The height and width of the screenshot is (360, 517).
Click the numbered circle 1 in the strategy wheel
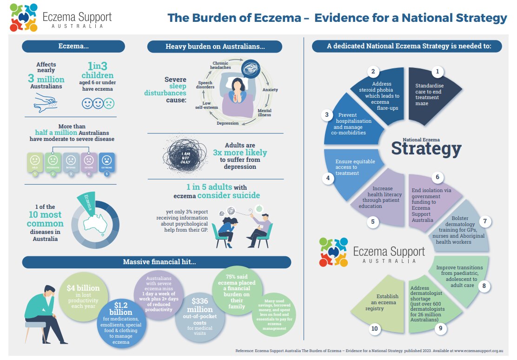[437, 72]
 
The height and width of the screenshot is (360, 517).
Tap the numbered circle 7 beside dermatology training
[484, 221]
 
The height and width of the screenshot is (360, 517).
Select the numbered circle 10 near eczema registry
[375, 329]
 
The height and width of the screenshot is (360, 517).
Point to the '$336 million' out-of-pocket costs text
[199, 306]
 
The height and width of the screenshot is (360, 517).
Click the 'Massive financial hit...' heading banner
[159, 262]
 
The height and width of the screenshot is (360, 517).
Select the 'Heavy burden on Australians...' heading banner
[215, 47]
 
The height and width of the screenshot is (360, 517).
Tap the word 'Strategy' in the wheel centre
[426, 149]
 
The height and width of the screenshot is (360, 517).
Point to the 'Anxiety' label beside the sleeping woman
[270, 89]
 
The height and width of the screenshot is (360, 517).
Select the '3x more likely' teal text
[240, 153]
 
